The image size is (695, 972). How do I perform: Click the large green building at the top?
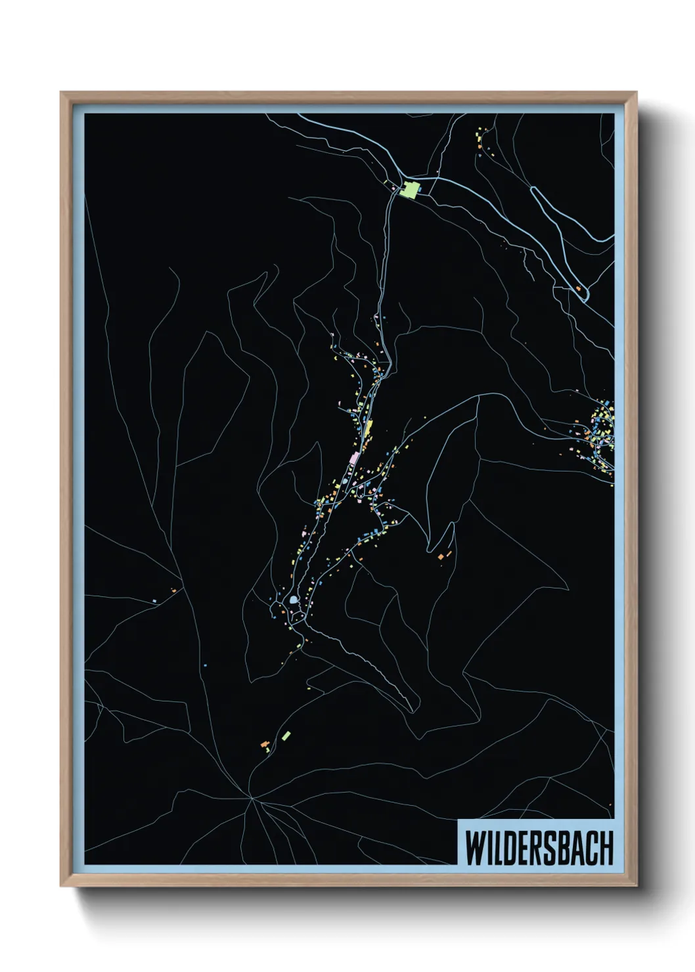(x=411, y=190)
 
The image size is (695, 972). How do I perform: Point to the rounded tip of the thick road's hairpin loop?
(x=533, y=190)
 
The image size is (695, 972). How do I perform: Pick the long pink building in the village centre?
(x=354, y=458)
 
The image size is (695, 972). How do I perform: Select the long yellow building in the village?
(x=369, y=428)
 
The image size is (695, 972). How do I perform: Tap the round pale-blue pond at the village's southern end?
(x=292, y=600)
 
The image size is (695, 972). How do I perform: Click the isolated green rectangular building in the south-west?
(x=286, y=735)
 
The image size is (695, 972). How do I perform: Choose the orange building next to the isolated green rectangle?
(x=265, y=744)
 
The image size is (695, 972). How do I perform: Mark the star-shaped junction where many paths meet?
(x=250, y=798)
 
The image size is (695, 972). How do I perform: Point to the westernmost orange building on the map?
(x=174, y=591)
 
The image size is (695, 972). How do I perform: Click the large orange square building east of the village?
(x=441, y=557)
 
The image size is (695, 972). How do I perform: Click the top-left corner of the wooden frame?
(x=62, y=93)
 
